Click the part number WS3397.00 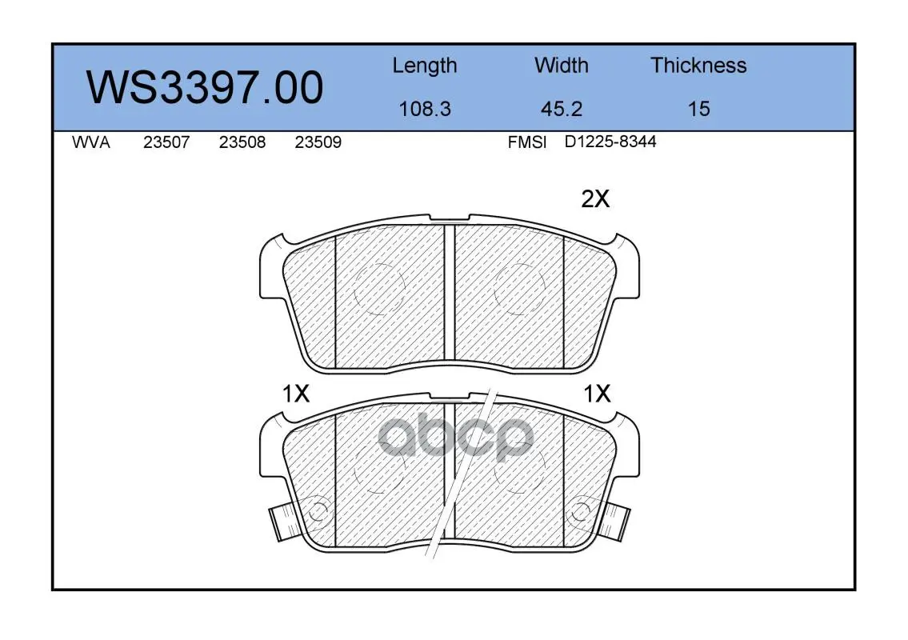click(x=205, y=87)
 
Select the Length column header click(x=425, y=66)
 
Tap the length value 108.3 click(x=425, y=109)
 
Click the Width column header click(x=561, y=65)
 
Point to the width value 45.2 click(x=561, y=109)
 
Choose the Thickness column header click(x=698, y=65)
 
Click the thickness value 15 click(x=698, y=109)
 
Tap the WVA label click(x=91, y=142)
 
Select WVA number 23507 click(x=166, y=142)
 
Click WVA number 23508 click(x=242, y=142)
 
